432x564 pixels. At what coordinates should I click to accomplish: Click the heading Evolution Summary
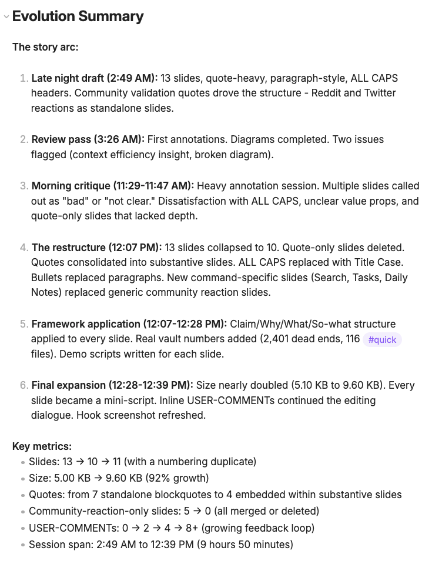tap(78, 16)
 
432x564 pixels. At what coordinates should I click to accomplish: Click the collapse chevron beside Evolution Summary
tap(6, 16)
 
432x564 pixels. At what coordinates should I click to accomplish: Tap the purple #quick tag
tap(382, 339)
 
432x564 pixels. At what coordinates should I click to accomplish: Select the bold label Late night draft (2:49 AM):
tap(94, 78)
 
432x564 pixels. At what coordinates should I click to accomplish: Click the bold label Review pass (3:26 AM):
tap(88, 139)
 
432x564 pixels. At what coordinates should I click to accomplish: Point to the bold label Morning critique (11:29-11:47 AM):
tap(113, 186)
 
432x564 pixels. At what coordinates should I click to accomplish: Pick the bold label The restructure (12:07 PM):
tap(96, 247)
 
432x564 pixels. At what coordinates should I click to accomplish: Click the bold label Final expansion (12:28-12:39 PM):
tap(112, 385)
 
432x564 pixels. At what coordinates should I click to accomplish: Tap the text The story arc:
tap(45, 46)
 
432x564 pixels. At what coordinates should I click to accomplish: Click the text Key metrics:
tap(42, 446)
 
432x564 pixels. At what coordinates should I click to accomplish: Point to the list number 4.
tap(24, 248)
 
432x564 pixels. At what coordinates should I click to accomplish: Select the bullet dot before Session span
tap(22, 545)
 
